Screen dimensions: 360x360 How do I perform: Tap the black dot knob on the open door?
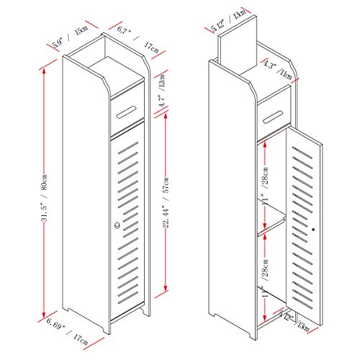314,230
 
